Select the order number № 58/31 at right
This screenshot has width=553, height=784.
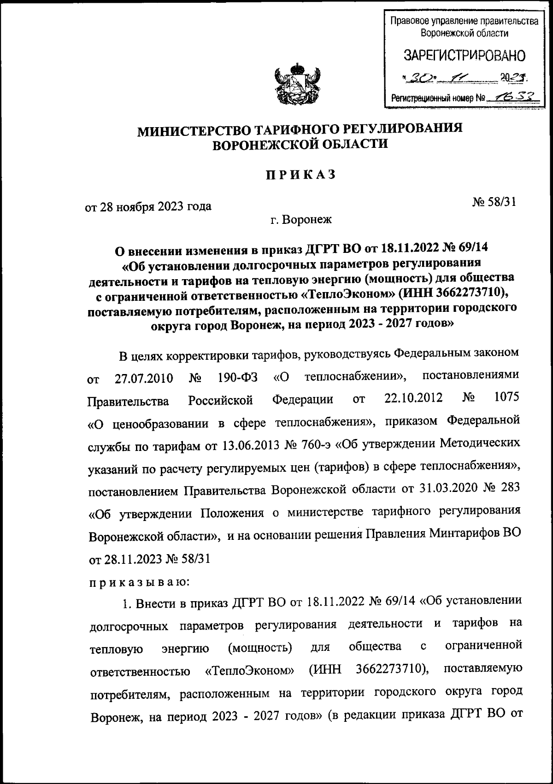point(494,201)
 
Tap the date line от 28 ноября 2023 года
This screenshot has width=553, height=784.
point(148,206)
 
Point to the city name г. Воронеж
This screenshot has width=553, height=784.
point(301,220)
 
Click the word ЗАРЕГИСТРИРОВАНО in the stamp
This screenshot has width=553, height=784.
point(464,56)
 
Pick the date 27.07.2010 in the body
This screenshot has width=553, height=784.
point(143,379)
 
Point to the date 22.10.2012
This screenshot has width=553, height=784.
point(413,398)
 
